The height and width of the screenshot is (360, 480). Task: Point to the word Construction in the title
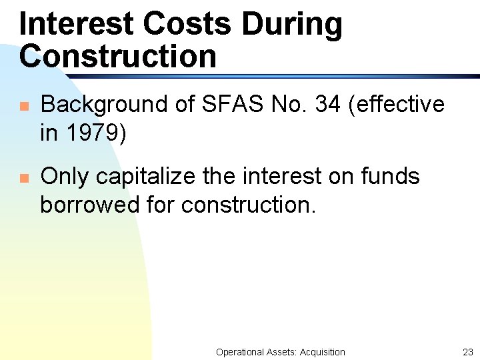[118, 56]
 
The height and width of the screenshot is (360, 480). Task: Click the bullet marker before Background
[23, 106]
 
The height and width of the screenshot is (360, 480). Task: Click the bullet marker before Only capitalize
[23, 178]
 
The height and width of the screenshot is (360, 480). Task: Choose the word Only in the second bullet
[65, 177]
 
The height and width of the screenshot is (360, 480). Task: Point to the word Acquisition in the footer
[323, 352]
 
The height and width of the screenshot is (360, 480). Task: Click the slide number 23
[467, 352]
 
